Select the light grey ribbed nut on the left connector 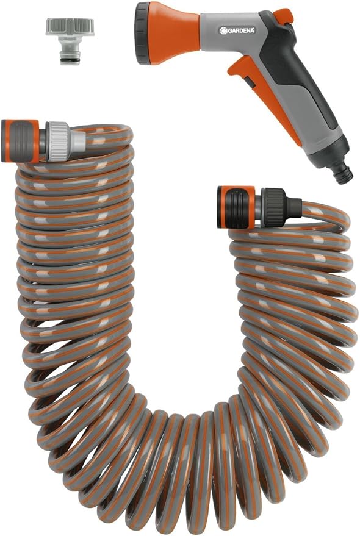click(59, 141)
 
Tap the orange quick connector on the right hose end click(235, 207)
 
